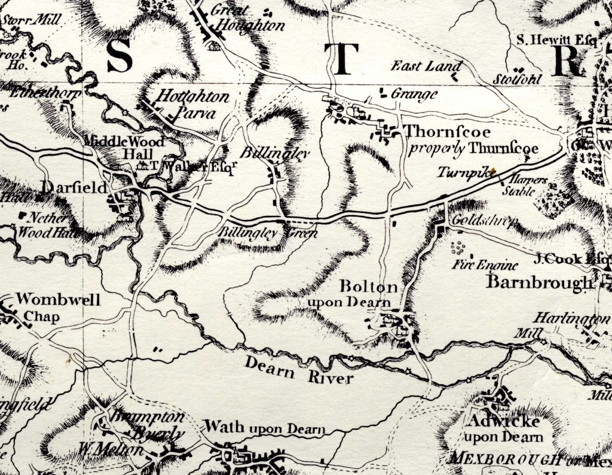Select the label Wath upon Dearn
coord(265,428)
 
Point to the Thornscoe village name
coord(439,132)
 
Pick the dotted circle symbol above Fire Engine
coord(459,247)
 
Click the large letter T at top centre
coord(341,60)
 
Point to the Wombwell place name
coord(59,300)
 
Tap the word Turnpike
coord(457,172)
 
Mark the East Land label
coord(427,66)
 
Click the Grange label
coord(414,94)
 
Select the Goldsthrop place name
coord(476,220)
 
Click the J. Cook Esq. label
coord(573,260)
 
